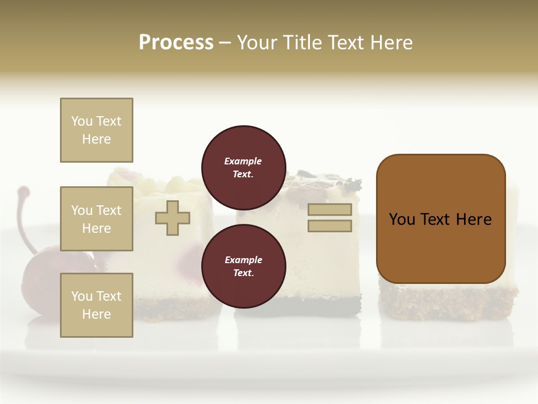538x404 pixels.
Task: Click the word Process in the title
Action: [176, 43]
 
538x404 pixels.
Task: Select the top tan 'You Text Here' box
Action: [96, 130]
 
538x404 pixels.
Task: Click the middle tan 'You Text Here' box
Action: [96, 219]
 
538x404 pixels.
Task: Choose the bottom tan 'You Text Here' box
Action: [96, 305]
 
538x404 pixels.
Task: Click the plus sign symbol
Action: [173, 218]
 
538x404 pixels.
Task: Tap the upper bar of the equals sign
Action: [330, 209]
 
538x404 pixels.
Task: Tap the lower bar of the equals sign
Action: [330, 226]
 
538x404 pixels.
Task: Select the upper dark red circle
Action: [243, 167]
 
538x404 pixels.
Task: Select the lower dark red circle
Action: [243, 266]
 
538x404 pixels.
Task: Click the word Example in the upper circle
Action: [243, 161]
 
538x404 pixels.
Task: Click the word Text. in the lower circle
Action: [243, 273]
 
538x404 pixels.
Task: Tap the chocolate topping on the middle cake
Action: [314, 181]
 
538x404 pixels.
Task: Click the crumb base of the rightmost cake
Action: [448, 303]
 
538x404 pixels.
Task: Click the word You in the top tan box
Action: [81, 121]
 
